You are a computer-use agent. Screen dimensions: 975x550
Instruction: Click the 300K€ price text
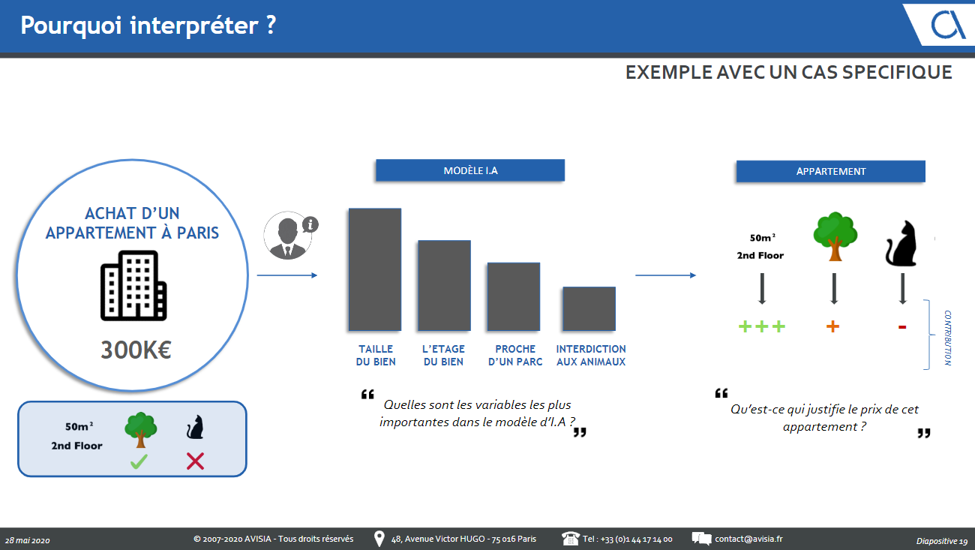[136, 350]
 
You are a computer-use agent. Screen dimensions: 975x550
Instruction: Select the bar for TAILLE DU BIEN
[375, 269]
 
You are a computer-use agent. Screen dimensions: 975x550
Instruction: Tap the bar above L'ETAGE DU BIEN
[444, 286]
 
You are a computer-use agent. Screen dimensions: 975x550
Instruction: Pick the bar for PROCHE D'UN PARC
[514, 296]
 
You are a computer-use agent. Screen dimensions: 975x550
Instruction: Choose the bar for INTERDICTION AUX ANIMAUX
[589, 308]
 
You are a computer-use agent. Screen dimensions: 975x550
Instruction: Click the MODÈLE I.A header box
[470, 170]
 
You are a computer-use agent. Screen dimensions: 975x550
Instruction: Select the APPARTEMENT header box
[830, 171]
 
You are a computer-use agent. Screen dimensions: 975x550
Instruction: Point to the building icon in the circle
[133, 286]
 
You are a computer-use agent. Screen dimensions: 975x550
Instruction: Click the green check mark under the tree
[139, 461]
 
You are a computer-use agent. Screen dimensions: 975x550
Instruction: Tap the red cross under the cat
[195, 461]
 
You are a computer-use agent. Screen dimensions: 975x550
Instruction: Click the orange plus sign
[832, 326]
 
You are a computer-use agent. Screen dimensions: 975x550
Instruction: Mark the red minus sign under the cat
[902, 326]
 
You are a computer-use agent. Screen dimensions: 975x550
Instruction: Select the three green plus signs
[762, 326]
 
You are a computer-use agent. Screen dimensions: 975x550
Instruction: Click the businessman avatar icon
[288, 236]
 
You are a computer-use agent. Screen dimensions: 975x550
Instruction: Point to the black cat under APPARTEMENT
[901, 243]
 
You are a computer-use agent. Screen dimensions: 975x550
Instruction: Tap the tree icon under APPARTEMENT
[835, 236]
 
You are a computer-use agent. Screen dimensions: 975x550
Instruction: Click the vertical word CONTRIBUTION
[947, 338]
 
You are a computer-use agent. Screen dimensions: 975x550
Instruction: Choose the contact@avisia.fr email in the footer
[748, 539]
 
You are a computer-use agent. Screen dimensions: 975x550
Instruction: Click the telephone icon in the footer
[571, 539]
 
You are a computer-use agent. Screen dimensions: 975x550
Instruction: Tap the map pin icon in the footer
[379, 539]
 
